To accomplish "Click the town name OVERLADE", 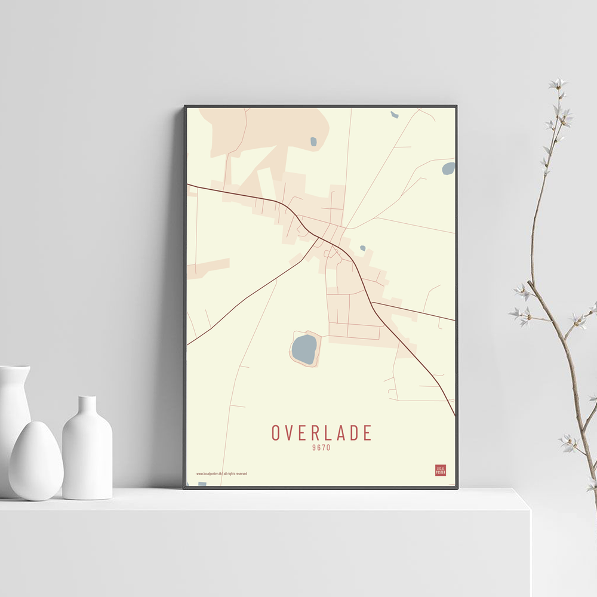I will click(322, 433).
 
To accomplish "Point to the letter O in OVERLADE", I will click(276, 433).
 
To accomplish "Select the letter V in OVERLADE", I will click(290, 433).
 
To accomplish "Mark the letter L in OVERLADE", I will click(328, 433).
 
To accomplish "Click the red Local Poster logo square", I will click(441, 470).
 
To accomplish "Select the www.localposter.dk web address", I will click(209, 474).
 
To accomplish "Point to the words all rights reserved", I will click(235, 474).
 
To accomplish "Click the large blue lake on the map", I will click(304, 349).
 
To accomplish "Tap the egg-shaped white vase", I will click(36, 461).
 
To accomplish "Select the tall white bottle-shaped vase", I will click(87, 451).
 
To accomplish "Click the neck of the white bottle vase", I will click(87, 405).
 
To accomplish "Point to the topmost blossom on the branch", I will click(558, 84).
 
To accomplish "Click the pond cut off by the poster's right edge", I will click(449, 168).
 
